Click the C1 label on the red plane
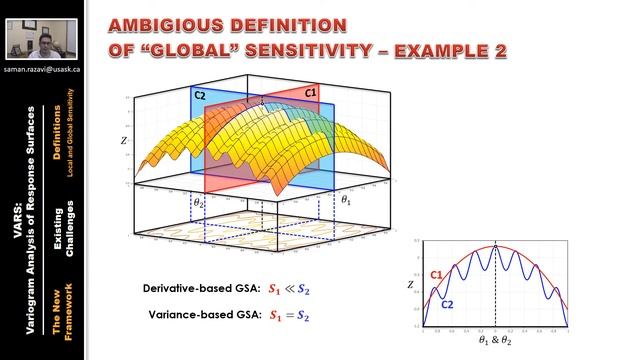coord(310,93)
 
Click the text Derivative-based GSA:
coord(201,288)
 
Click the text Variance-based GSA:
coord(205,315)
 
